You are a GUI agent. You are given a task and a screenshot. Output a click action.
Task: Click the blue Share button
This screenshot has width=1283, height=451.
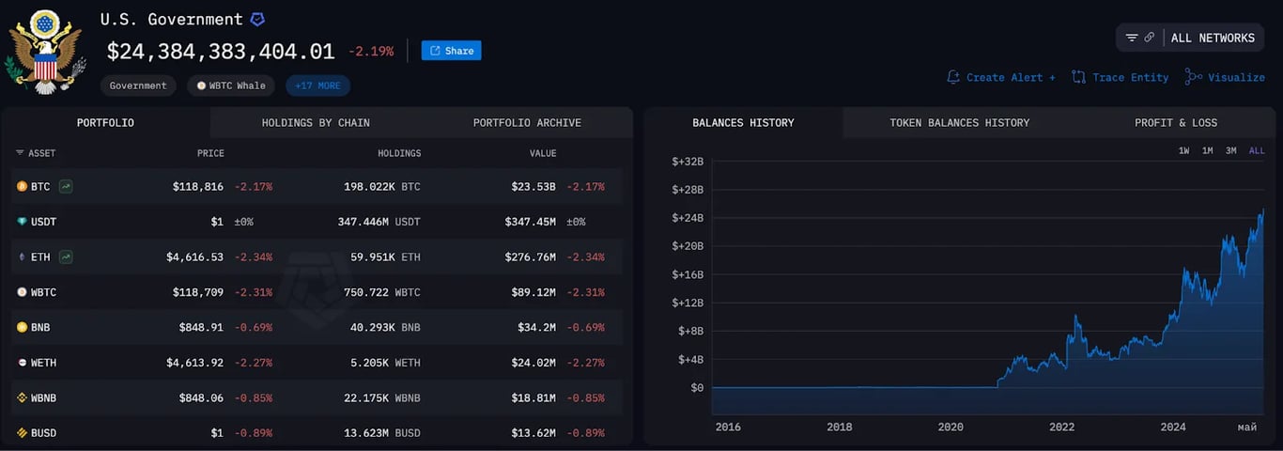[451, 51]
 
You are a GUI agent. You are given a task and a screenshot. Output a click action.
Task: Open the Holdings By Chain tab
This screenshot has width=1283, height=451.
[316, 123]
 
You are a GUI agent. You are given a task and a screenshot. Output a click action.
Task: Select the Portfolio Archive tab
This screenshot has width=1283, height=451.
[527, 123]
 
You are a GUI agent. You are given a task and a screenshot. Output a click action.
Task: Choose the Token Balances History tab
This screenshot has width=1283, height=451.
[959, 123]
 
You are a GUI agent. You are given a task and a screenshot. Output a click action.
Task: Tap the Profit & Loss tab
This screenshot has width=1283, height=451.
[1175, 123]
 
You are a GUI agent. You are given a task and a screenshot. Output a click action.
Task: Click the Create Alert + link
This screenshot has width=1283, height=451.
[1001, 77]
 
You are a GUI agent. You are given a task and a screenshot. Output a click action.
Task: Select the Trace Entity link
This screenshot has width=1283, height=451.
[1121, 77]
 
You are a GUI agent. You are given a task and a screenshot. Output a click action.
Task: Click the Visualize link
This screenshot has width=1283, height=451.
[1226, 77]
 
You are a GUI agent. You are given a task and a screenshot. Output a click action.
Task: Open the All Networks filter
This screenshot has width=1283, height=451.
[1190, 38]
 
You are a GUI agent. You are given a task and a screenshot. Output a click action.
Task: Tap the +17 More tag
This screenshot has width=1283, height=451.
[317, 86]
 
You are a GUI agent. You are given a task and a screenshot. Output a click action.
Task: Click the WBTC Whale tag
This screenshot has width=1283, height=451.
[230, 86]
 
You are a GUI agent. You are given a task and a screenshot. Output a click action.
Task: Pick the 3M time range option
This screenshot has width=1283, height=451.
[1230, 150]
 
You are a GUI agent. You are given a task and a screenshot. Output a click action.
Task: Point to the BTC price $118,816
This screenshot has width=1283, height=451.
[197, 187]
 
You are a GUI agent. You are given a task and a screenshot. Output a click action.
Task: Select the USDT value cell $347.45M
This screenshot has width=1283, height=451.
[530, 222]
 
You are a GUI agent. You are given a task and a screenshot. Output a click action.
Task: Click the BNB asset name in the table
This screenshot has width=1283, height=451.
[39, 328]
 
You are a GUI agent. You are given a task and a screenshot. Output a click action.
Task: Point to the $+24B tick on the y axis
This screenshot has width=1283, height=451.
[688, 218]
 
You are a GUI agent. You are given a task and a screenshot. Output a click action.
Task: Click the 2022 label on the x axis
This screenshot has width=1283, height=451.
[1061, 427]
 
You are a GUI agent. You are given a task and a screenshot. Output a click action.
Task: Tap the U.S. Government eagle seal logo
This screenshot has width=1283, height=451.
[45, 52]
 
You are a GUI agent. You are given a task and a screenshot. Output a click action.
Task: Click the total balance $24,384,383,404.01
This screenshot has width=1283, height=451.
[221, 51]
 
